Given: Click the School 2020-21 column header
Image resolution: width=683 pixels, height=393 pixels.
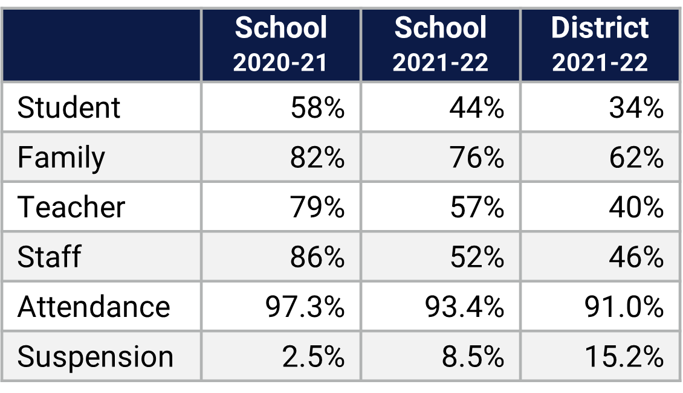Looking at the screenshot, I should [x=280, y=45].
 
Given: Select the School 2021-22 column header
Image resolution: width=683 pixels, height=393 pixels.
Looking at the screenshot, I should [x=440, y=45].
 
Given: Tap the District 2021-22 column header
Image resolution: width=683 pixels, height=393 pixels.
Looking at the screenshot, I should [x=600, y=45].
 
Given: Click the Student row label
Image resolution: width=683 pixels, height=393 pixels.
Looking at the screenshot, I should [x=69, y=108].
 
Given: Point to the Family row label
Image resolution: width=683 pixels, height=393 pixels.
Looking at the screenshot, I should [x=61, y=158].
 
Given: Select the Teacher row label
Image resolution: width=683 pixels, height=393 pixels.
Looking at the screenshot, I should [x=71, y=208].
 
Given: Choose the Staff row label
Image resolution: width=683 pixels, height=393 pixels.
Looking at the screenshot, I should [x=49, y=257].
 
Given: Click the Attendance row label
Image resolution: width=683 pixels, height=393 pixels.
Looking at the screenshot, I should [x=94, y=307].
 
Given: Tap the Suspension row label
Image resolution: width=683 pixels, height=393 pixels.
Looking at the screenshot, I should [x=95, y=357].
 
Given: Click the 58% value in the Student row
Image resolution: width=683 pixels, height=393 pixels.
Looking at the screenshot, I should [x=317, y=108].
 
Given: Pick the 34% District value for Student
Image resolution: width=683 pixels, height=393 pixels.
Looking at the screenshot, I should [x=636, y=108].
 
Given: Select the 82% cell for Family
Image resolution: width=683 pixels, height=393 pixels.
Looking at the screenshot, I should [x=317, y=158].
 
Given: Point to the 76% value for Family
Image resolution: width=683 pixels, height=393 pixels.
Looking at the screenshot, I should [x=476, y=158].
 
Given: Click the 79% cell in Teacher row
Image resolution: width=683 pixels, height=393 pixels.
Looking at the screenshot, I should [x=317, y=208].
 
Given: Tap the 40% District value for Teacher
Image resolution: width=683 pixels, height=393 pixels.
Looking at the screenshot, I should [x=636, y=208].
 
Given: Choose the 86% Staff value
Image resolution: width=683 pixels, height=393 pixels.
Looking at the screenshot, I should [x=317, y=257].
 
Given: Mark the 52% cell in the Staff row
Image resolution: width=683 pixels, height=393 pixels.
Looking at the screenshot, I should [x=476, y=257].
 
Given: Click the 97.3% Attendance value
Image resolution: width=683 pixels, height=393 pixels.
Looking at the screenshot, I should [x=305, y=307].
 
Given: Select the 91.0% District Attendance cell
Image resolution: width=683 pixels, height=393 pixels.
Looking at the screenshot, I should [x=624, y=307].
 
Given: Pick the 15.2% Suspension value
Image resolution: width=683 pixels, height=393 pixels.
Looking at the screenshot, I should [x=624, y=357].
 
